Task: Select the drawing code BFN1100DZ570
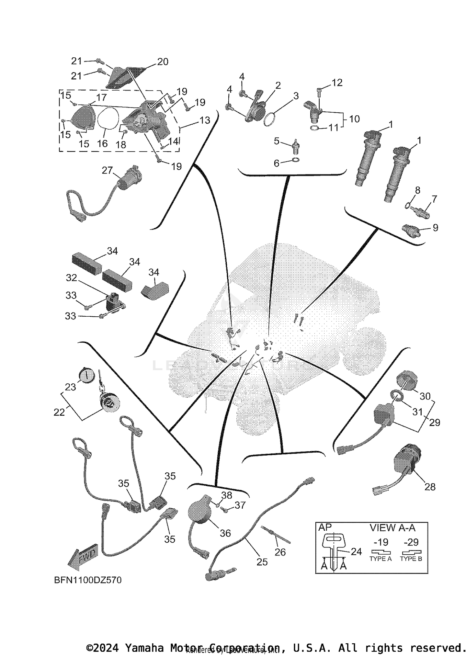tap(88, 580)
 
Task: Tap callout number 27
tap(107, 170)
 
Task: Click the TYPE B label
tap(411, 559)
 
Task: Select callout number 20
tap(162, 62)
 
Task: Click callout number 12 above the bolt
tap(337, 83)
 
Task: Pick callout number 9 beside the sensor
tap(435, 228)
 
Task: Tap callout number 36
tap(225, 533)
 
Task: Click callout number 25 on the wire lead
tap(262, 562)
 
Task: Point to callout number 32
tap(71, 278)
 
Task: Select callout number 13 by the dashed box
tap(205, 120)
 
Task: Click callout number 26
tap(280, 552)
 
